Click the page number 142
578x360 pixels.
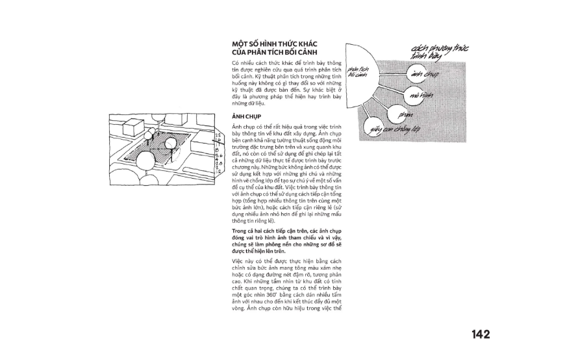(x=481, y=335)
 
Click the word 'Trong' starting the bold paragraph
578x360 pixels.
(x=239, y=231)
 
